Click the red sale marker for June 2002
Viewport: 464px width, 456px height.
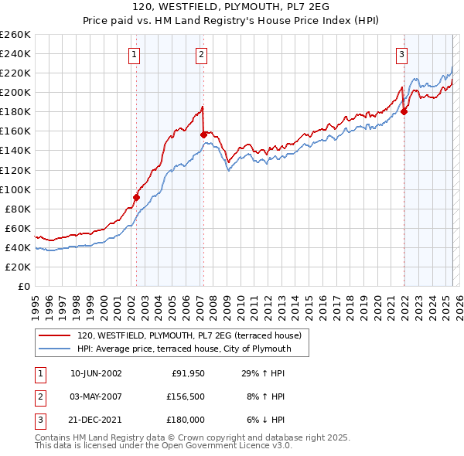[136, 197]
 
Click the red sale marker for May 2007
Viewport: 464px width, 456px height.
[203, 134]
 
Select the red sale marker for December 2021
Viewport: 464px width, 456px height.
[404, 111]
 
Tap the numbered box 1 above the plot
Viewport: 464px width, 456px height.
[135, 54]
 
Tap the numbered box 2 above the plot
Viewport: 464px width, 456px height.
[201, 54]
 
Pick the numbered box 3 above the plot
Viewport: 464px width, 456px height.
[402, 54]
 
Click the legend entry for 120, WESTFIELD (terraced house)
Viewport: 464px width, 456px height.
[193, 335]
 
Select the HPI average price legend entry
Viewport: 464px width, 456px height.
[183, 349]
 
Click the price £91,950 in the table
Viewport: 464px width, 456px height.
[188, 373]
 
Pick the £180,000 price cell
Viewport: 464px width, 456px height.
[186, 420]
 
